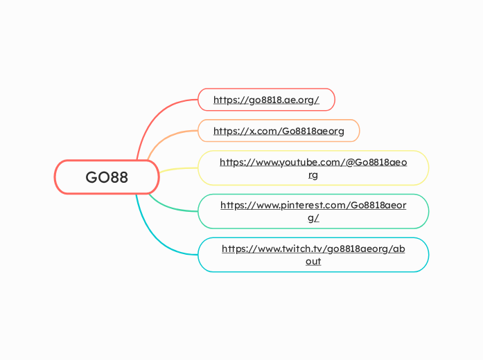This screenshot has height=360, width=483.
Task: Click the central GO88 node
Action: (107, 177)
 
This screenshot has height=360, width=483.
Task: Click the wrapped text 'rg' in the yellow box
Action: (313, 175)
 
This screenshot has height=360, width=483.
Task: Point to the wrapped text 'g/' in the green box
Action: (313, 218)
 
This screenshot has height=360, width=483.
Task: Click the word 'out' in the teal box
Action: (313, 262)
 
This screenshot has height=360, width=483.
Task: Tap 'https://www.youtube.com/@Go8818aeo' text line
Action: (313, 162)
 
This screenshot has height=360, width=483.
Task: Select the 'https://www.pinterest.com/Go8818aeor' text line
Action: (313, 205)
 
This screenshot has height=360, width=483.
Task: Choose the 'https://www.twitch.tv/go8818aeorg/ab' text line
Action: (313, 249)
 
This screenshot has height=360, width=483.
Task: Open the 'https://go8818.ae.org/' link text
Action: (266, 100)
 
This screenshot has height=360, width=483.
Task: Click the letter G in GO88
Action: (91, 177)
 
